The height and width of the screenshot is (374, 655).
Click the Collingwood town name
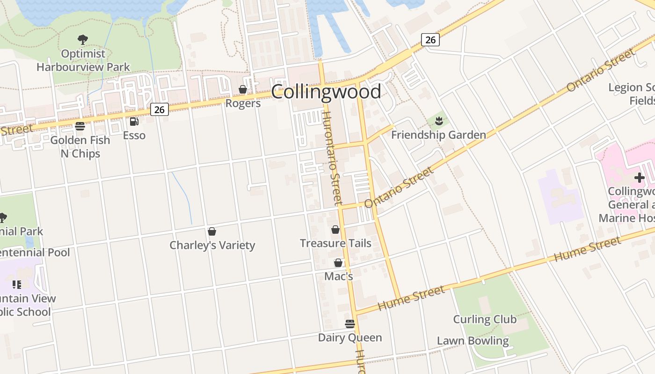click(x=326, y=92)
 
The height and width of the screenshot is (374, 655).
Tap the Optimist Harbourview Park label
click(x=83, y=60)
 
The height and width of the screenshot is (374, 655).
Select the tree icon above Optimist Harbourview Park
click(x=83, y=40)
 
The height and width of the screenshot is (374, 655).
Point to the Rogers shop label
click(x=243, y=103)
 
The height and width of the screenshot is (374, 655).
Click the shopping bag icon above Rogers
click(x=243, y=89)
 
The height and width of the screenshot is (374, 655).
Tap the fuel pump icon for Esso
click(x=134, y=122)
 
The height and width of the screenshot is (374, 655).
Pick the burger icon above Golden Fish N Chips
click(x=80, y=126)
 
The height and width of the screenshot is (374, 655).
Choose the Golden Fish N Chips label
click(x=80, y=147)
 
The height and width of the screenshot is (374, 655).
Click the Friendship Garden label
click(x=438, y=135)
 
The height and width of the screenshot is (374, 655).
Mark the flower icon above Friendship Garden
click(x=438, y=122)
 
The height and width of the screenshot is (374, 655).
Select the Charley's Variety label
click(x=212, y=245)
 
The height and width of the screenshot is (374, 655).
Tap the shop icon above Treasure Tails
click(x=335, y=230)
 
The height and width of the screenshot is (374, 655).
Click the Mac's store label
click(x=338, y=276)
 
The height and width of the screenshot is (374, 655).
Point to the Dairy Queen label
click(x=350, y=338)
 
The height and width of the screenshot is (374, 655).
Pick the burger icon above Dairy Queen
click(x=350, y=324)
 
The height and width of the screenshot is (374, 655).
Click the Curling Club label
click(x=485, y=319)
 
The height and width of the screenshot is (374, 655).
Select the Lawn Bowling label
click(x=473, y=341)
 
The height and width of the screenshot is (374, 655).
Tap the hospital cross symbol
click(x=639, y=178)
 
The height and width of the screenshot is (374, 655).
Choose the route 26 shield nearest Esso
click(x=159, y=109)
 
